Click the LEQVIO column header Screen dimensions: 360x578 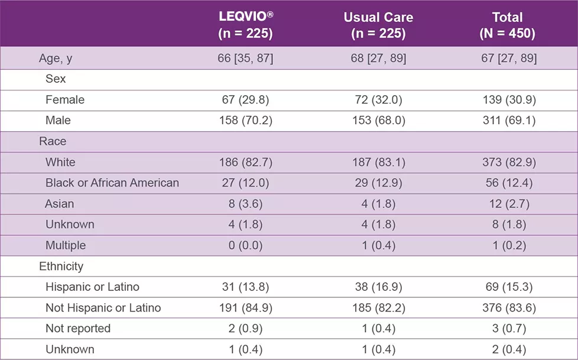pyautogui.click(x=245, y=25)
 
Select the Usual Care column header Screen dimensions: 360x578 pyautogui.click(x=378, y=25)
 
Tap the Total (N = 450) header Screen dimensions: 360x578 pyautogui.click(x=507, y=25)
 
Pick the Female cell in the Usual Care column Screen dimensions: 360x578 pyautogui.click(x=378, y=100)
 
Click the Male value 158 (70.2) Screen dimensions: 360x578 pyautogui.click(x=245, y=121)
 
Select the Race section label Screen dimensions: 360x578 pyautogui.click(x=53, y=141)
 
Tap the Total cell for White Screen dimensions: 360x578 pyautogui.click(x=507, y=162)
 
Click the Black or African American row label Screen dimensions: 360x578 pyautogui.click(x=112, y=183)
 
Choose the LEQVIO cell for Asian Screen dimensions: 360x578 pyautogui.click(x=245, y=204)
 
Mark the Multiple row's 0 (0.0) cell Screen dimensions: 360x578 pyautogui.click(x=245, y=245)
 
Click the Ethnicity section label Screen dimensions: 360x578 pyautogui.click(x=61, y=266)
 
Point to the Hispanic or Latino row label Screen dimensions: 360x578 pyautogui.click(x=92, y=287)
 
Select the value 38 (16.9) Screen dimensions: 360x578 pyautogui.click(x=378, y=287)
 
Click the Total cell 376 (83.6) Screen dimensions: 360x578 pyautogui.click(x=507, y=308)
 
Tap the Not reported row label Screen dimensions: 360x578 pyautogui.click(x=78, y=329)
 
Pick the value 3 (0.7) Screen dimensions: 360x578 pyautogui.click(x=507, y=329)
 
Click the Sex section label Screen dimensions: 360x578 pyautogui.click(x=56, y=79)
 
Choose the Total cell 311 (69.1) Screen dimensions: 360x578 pyautogui.click(x=507, y=121)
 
